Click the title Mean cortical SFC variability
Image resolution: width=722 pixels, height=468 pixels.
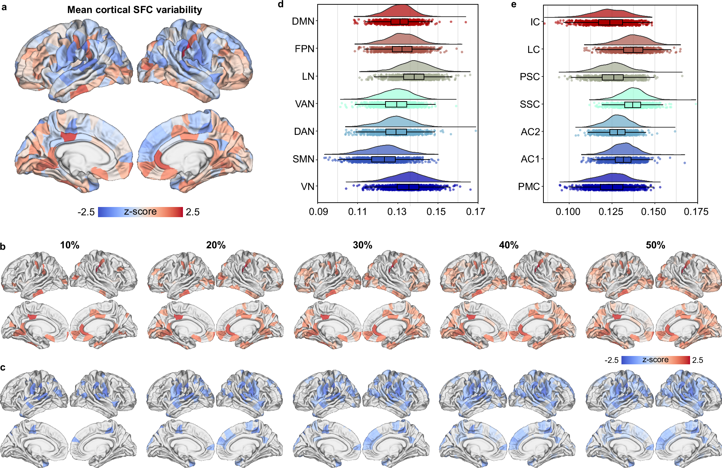[x=134, y=10]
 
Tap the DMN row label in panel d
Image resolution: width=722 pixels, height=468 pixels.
[x=303, y=21]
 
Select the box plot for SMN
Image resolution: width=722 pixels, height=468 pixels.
[x=383, y=159]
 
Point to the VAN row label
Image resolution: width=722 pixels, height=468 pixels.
[x=304, y=104]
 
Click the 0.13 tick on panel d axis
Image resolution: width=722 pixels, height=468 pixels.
[x=397, y=212]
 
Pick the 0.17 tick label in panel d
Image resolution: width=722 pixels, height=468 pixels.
[x=475, y=212]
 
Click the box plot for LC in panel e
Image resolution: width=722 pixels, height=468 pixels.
[x=633, y=50]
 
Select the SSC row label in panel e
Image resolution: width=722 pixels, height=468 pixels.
[x=530, y=104]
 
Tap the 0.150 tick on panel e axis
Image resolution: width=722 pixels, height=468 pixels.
[x=653, y=212]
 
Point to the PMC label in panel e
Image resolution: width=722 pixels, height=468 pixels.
[x=529, y=187]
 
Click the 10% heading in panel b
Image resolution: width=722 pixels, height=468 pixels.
[x=70, y=245]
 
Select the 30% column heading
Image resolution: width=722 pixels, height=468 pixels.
[x=362, y=245]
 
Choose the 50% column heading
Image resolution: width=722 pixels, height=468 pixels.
[x=655, y=245]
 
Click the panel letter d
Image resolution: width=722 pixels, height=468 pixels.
[x=280, y=5]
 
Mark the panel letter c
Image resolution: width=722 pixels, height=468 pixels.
[x=3, y=368]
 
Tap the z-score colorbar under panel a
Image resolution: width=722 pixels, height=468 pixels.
[x=140, y=212]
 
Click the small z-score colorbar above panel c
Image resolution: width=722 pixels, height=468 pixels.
[x=655, y=360]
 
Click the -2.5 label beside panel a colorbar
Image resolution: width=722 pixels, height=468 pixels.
[x=86, y=212]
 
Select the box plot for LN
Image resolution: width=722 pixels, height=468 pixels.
[x=413, y=77]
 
